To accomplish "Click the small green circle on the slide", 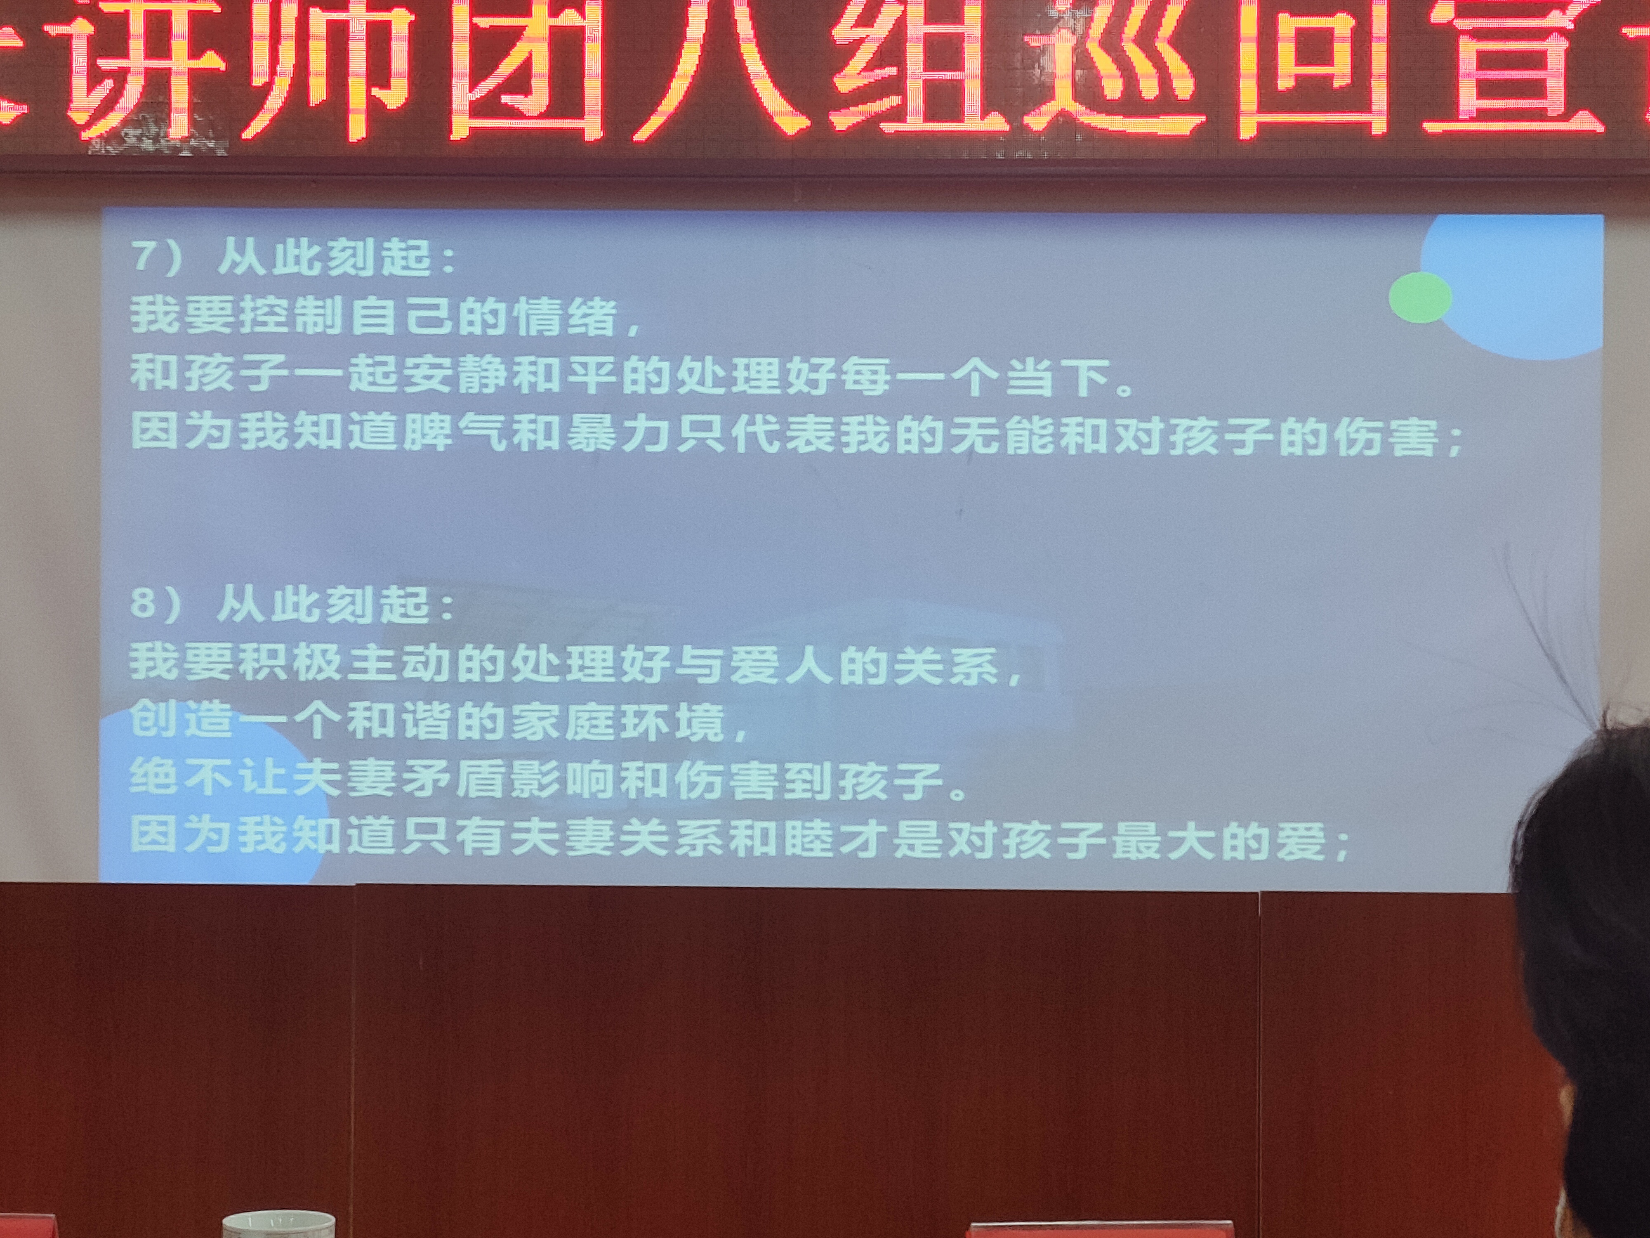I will pyautogui.click(x=1419, y=297).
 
